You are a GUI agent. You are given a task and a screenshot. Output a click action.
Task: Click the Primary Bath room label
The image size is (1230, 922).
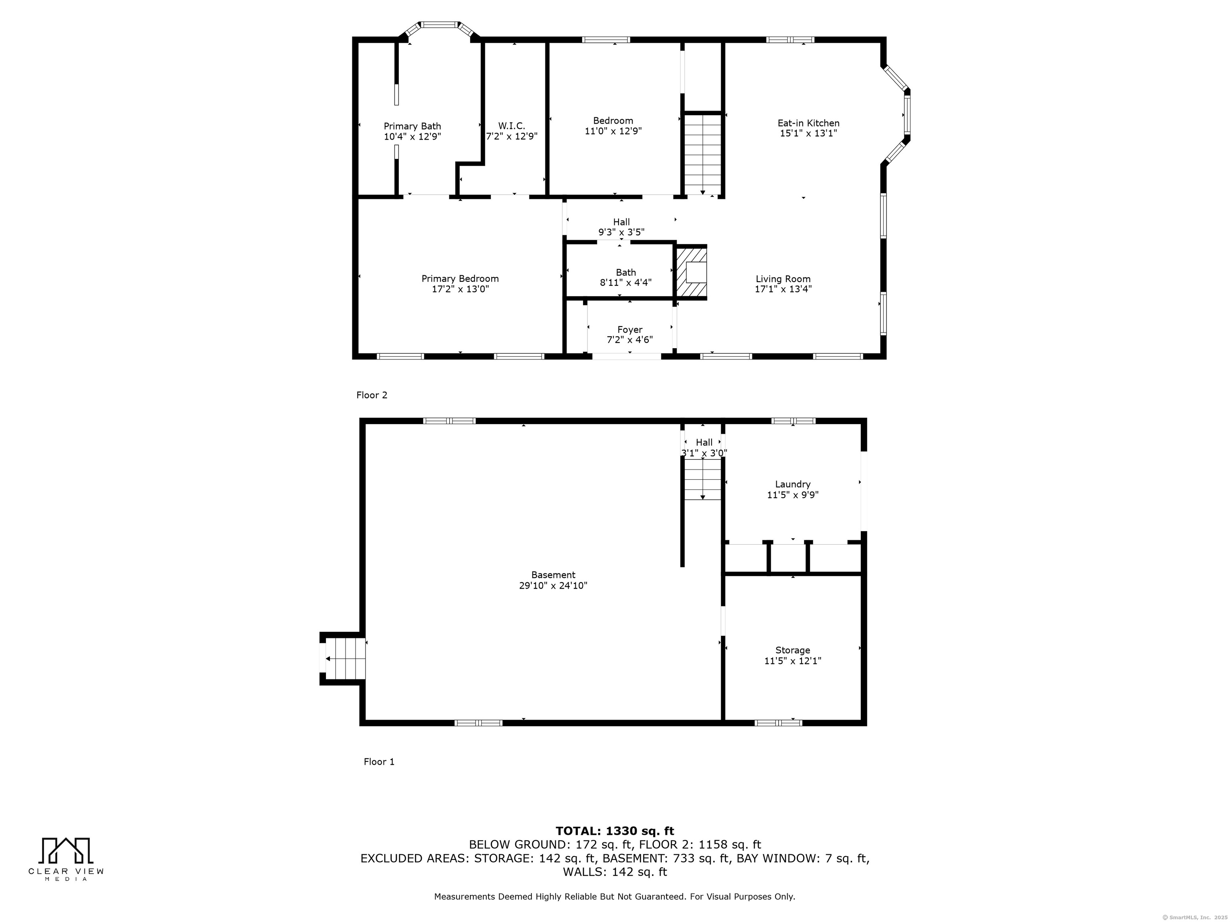(x=412, y=126)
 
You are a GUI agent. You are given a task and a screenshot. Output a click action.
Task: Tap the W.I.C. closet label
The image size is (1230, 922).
(x=512, y=126)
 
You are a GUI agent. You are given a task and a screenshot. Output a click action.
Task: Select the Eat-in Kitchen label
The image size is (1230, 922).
(x=808, y=123)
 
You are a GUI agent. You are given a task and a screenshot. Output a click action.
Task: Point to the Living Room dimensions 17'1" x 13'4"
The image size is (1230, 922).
(x=783, y=289)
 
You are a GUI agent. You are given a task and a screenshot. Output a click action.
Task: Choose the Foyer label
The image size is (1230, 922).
(x=629, y=330)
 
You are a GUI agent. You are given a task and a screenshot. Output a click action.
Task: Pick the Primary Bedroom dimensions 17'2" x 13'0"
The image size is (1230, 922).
(x=460, y=289)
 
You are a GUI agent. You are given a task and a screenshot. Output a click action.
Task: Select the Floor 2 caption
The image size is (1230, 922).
(x=372, y=395)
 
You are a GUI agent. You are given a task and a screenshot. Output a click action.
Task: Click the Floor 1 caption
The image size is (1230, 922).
(x=379, y=762)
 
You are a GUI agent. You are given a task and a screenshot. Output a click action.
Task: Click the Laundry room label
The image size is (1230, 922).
(x=792, y=484)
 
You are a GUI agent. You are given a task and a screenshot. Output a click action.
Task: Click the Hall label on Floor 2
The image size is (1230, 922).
(x=621, y=222)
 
